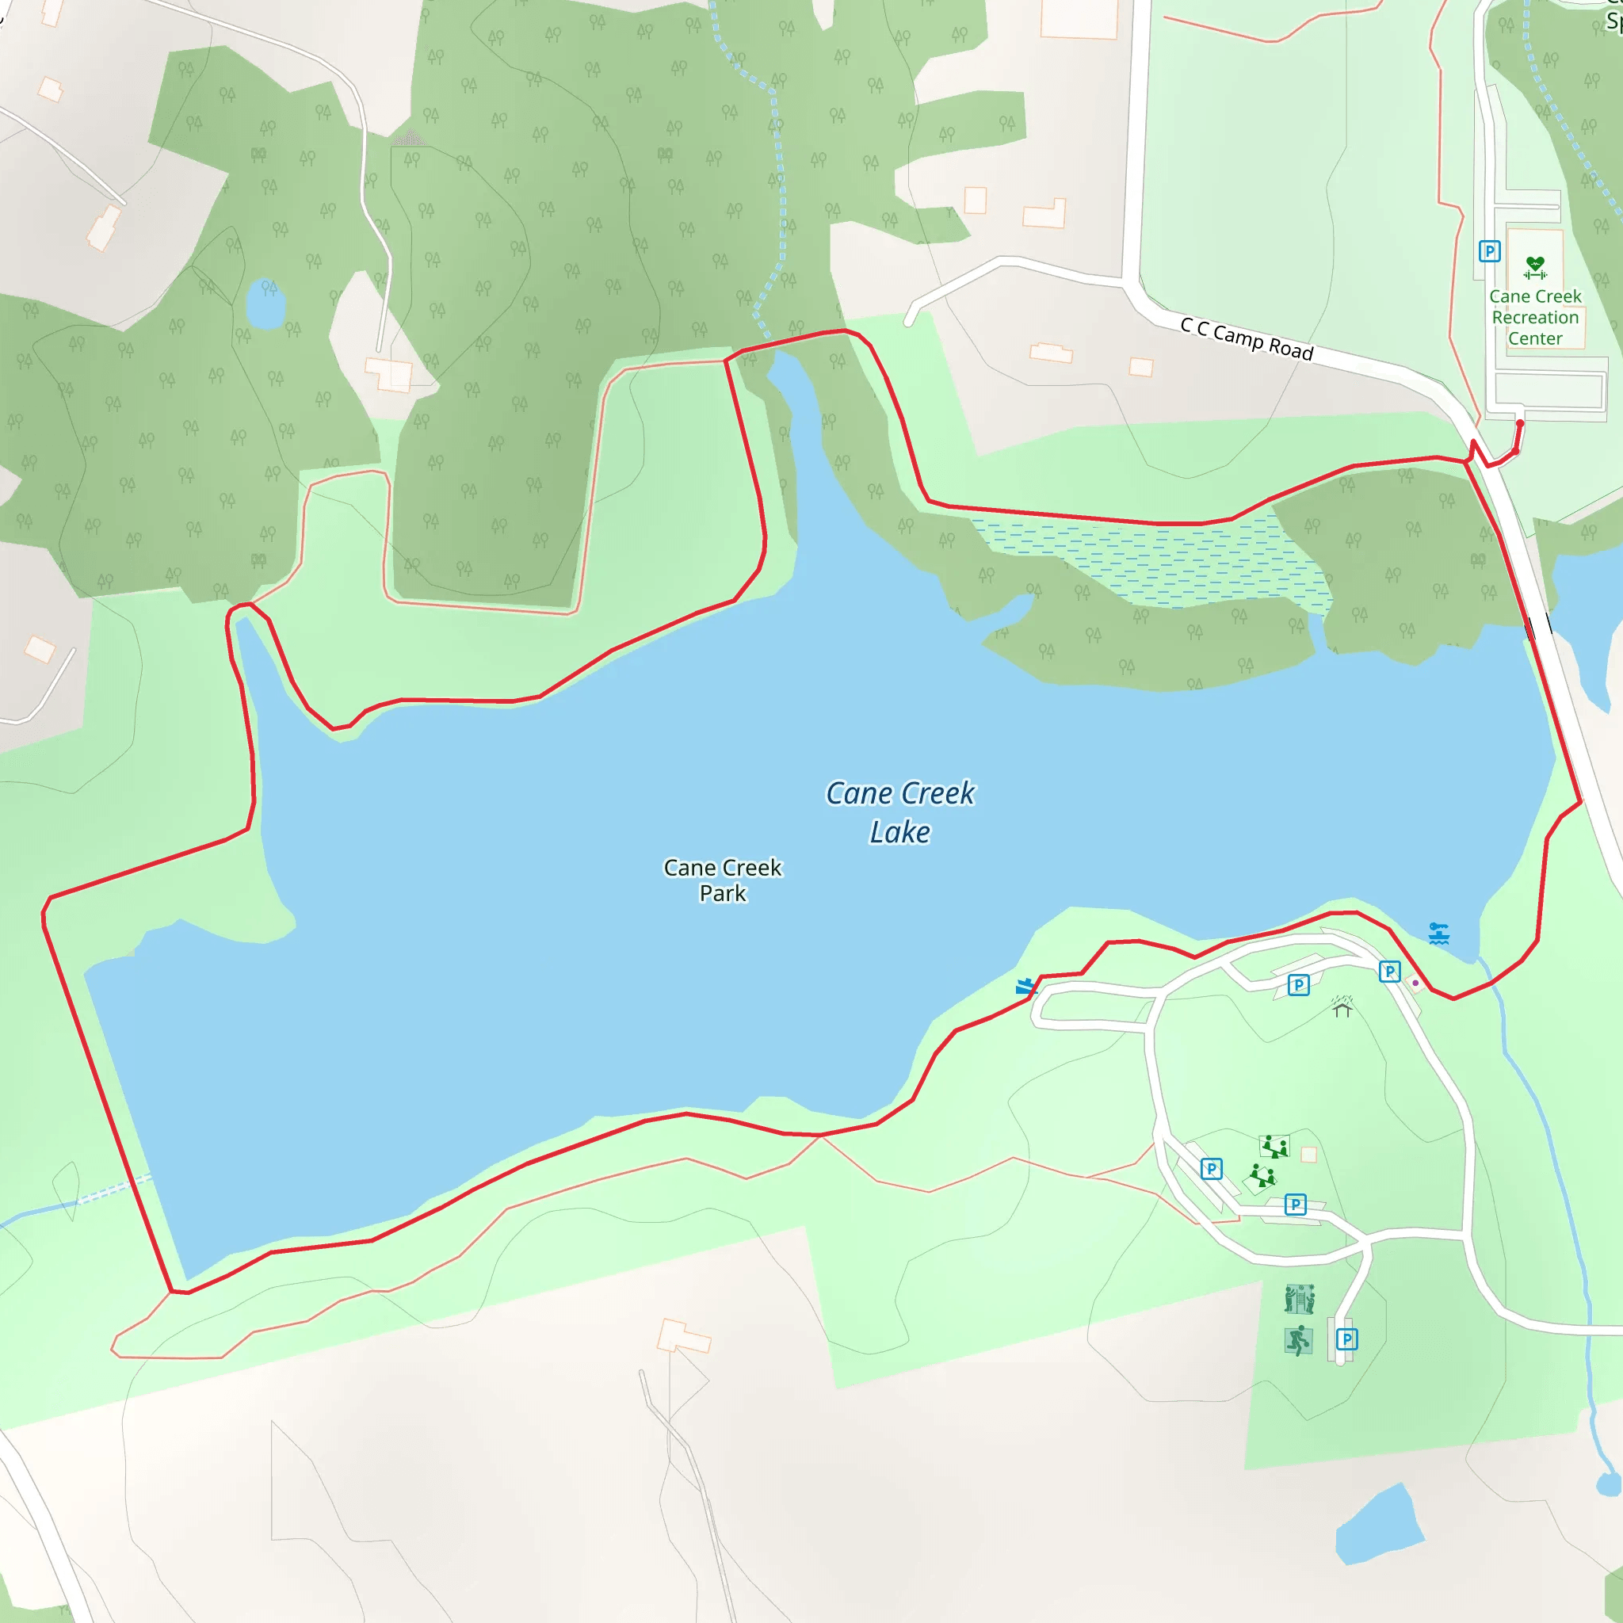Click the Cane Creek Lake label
point(899,812)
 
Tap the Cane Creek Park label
point(723,880)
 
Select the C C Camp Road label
point(1246,338)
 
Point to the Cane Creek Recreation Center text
point(1535,318)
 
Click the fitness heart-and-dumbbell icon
point(1535,267)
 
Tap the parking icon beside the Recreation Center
point(1489,251)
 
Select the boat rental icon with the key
point(1439,934)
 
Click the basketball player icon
point(1298,1341)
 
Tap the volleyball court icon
point(1299,1300)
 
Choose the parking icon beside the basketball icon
point(1346,1339)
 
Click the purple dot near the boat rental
point(1415,983)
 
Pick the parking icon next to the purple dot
point(1389,971)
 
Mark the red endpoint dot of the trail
point(1520,423)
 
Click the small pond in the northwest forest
point(265,304)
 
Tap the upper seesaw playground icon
point(1274,1146)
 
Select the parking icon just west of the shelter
point(1299,984)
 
